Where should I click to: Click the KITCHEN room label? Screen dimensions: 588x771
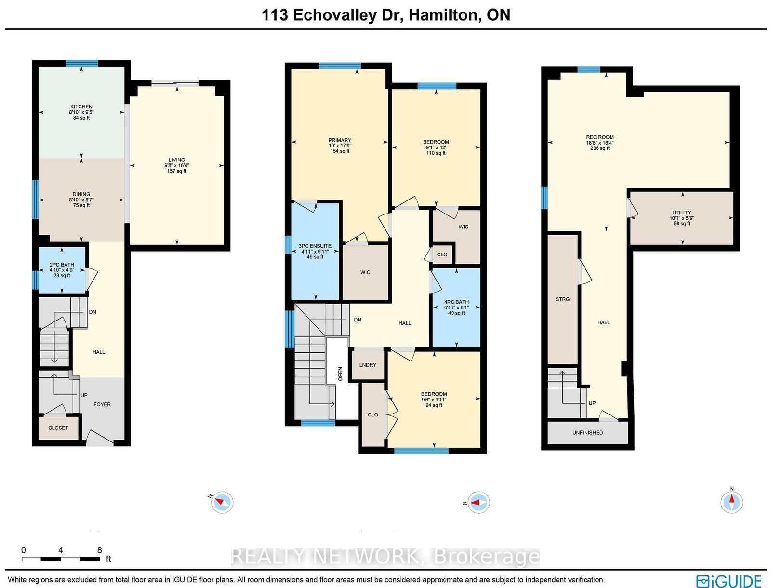pos(81,107)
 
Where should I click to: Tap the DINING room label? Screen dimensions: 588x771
pos(81,195)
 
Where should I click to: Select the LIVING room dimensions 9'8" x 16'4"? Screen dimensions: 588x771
pos(176,165)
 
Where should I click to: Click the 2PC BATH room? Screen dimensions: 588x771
pos(62,270)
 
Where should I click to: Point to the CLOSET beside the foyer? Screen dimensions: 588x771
pos(58,428)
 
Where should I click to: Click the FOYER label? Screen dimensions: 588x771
pos(102,405)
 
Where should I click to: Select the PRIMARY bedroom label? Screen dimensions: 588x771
pos(340,141)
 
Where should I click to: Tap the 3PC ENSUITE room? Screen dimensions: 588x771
pos(315,251)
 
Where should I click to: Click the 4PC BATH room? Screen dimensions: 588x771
pos(456,307)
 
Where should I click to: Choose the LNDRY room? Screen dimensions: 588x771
pos(368,365)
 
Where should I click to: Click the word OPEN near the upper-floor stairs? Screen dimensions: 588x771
pos(340,374)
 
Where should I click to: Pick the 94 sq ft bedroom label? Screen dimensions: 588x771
pos(434,400)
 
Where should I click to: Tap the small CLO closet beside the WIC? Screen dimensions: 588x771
pos(442,254)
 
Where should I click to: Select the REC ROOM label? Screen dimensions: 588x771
pos(600,137)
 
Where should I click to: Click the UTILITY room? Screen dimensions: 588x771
pos(681,218)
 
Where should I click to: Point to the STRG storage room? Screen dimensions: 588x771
pos(562,299)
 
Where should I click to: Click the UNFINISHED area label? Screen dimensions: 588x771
pos(587,433)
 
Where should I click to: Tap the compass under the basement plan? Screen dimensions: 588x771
pos(731,502)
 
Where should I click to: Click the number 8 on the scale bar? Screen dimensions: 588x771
pos(99,550)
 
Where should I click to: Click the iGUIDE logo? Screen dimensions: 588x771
pos(729,581)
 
